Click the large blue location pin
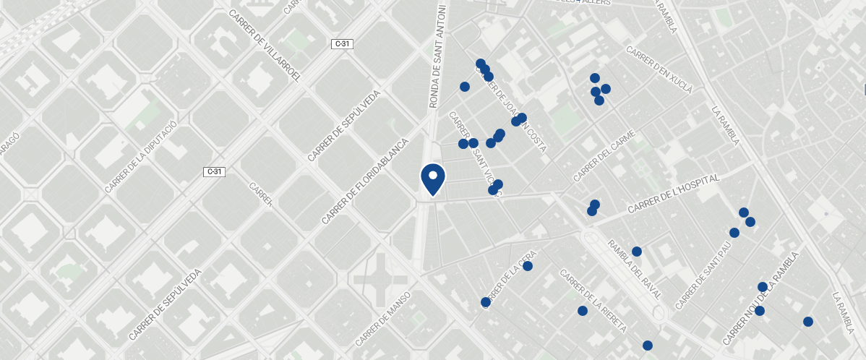[x=432, y=179]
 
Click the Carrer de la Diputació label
[x=140, y=157]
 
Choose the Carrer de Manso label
[x=384, y=318]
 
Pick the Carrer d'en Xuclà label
[x=659, y=71]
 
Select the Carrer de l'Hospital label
[x=674, y=194]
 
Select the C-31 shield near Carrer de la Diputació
[x=214, y=172]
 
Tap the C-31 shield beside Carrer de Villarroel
[x=342, y=44]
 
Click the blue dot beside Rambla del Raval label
[x=637, y=252]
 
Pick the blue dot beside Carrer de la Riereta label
[x=583, y=311]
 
